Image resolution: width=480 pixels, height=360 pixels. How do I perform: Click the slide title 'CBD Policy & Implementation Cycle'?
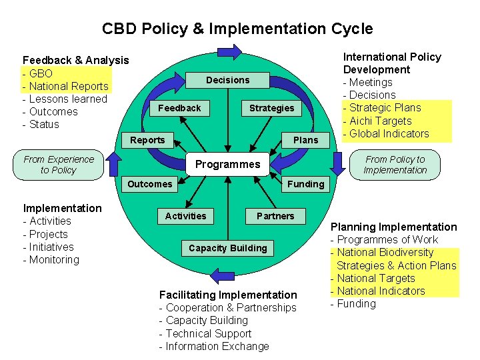(x=237, y=29)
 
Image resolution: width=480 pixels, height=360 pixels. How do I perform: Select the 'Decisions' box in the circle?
(x=227, y=80)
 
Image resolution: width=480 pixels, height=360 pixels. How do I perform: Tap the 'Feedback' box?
(x=179, y=108)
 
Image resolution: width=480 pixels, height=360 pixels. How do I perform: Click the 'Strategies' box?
(x=271, y=108)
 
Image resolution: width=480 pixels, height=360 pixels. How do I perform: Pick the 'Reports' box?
(x=147, y=140)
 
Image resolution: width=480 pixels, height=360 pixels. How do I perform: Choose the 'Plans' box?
(x=306, y=140)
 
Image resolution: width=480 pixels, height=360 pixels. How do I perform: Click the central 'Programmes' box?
(x=227, y=164)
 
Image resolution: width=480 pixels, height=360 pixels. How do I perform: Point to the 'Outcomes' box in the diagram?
(x=149, y=184)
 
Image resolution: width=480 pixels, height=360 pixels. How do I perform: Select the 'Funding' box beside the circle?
(x=305, y=184)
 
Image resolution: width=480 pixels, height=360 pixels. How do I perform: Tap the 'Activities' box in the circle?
(x=185, y=216)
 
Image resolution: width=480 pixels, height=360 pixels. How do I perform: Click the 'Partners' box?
(x=275, y=216)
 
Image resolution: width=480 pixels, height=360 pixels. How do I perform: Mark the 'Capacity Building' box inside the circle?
(x=227, y=248)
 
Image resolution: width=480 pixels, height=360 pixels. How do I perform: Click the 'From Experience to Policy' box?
(x=59, y=165)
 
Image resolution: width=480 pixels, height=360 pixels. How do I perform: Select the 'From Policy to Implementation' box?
(x=395, y=165)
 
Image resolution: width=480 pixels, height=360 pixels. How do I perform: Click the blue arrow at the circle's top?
(x=229, y=51)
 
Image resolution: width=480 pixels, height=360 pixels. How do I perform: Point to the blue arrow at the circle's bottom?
(x=221, y=274)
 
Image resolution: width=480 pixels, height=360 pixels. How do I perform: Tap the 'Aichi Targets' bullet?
(x=381, y=121)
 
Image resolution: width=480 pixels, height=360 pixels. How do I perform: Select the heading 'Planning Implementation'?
(x=394, y=227)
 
